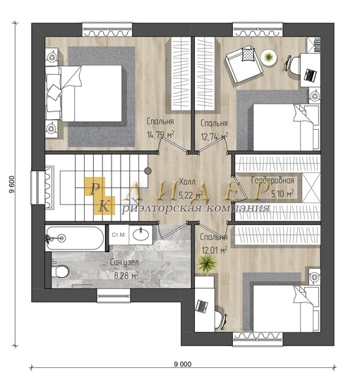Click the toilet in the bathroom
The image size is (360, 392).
tap(59, 271)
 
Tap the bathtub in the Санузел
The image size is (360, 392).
tap(75, 238)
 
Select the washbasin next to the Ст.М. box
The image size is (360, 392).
tap(140, 235)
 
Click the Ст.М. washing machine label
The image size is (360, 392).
tap(119, 235)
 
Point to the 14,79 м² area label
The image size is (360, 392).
tap(160, 135)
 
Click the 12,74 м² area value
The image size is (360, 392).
tap(215, 137)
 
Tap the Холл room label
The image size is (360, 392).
tap(187, 182)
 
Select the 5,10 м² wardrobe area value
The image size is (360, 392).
tap(282, 193)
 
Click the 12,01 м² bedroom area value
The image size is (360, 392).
tap(215, 250)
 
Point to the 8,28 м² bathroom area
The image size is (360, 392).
tap(126, 276)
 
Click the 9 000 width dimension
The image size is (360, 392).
tap(183, 364)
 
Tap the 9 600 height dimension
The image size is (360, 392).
tap(12, 185)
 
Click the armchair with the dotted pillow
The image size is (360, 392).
tap(244, 64)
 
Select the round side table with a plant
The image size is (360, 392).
tap(269, 58)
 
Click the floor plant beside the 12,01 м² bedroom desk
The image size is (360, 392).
tap(207, 264)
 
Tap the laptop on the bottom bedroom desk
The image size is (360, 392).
tap(202, 306)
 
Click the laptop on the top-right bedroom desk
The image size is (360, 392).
tap(310, 75)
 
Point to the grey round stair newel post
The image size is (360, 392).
tap(148, 171)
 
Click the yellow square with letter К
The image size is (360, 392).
tap(104, 205)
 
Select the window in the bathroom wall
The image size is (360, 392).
tap(114, 295)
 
